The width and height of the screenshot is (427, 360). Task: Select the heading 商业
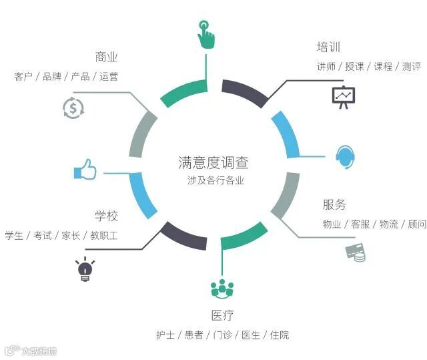tap(107, 57)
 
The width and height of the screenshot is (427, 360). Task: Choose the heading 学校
tap(106, 216)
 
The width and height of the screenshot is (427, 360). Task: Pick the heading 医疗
tap(222, 315)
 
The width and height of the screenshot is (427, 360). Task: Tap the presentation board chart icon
tap(344, 96)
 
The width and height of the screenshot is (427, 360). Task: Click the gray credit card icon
tap(355, 253)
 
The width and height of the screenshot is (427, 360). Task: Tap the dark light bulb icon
tap(85, 269)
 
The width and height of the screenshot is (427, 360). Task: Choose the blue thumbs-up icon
tap(85, 172)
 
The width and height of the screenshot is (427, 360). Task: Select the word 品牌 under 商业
tap(52, 77)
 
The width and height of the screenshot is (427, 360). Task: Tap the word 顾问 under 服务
tap(417, 224)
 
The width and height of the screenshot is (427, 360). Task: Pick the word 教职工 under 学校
tap(104, 236)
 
